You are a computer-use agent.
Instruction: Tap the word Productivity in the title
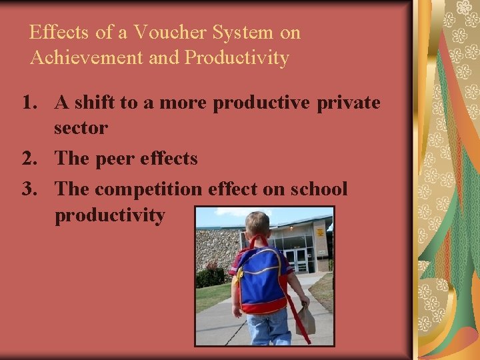[x=237, y=58]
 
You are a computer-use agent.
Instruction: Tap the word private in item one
[x=348, y=103]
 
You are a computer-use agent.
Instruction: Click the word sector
[x=81, y=128]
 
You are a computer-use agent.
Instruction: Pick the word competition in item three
[x=147, y=189]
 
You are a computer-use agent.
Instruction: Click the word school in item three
[x=319, y=189]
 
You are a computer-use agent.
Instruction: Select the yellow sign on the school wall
[x=321, y=233]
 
